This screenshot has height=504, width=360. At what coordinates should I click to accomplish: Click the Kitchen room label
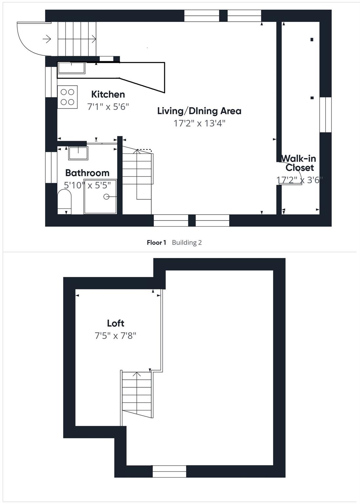108,94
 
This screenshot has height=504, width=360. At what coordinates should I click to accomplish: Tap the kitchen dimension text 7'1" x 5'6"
108,107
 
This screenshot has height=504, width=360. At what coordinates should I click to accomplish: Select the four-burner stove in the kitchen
68,97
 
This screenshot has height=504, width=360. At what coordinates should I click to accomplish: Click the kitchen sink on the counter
71,68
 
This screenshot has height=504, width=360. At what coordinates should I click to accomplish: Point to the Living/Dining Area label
199,111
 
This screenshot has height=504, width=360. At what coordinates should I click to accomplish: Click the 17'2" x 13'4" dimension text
199,123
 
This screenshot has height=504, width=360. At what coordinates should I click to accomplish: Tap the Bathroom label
87,173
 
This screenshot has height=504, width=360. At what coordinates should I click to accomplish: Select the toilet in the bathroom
64,199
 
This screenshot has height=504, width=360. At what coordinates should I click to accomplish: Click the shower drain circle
106,197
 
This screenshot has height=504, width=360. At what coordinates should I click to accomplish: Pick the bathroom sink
78,153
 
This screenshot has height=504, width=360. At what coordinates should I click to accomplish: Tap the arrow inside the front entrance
47,39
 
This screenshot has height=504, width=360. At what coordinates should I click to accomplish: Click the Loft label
116,324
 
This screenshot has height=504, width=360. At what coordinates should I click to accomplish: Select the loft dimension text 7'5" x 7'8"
116,336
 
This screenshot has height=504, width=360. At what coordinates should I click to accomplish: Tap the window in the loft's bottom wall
169,472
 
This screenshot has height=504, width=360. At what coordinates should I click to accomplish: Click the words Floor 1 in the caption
156,242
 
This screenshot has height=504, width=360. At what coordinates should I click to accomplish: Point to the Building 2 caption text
187,242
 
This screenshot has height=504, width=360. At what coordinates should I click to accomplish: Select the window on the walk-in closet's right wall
326,115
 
